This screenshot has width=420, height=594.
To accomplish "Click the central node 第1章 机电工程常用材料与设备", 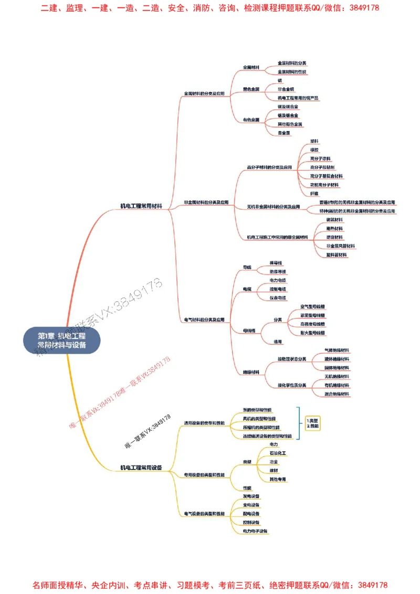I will [62, 340].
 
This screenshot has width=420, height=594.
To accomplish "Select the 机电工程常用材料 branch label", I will [141, 206].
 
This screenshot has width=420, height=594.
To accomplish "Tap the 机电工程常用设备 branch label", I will [141, 467].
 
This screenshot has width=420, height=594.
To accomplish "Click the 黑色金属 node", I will [251, 90].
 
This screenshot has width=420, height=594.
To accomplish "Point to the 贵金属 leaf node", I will [284, 133].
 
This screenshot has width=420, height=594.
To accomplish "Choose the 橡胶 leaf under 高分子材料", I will [315, 150].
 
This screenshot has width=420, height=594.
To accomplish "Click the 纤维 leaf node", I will [315, 193].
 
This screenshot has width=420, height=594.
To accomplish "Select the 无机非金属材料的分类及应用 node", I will [274, 207].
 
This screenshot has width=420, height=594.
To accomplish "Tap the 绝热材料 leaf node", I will [334, 228].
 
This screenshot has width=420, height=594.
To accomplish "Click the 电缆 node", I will [247, 289].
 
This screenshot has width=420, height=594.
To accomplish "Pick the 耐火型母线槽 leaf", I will [312, 333].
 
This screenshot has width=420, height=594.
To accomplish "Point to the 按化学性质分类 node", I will [292, 385].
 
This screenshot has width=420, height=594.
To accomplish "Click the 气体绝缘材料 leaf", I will [337, 350].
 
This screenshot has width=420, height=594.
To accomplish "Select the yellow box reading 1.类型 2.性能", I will [312, 423].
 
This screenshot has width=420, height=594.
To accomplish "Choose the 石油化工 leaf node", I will [277, 452].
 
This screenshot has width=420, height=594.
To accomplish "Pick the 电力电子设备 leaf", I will [255, 531].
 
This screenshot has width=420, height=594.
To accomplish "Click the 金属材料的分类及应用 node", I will [204, 94].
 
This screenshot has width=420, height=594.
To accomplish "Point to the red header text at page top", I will [210, 8].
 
